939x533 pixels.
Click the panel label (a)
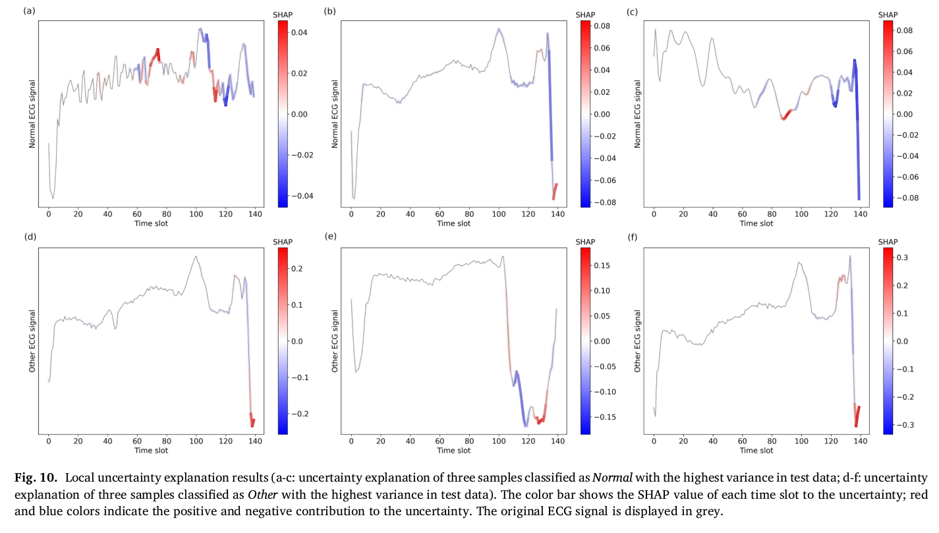coord(28,11)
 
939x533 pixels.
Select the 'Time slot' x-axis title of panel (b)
coord(454,223)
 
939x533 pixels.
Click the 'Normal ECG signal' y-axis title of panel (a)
coord(32,113)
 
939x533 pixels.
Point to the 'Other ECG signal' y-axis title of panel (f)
coord(637,341)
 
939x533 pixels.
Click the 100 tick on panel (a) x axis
coord(196,213)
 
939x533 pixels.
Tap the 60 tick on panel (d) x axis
coord(137,441)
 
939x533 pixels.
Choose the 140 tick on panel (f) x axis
coord(860,441)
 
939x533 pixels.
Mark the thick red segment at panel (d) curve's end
coord(252,420)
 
